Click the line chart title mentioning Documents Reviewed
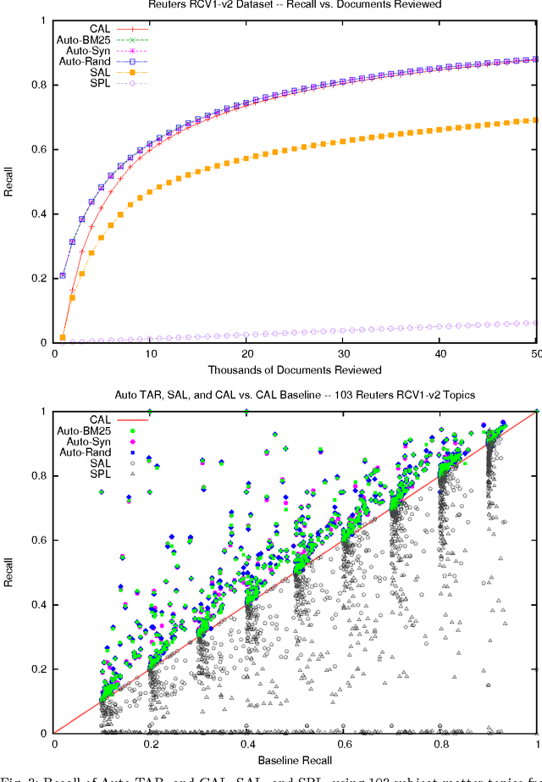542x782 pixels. coord(296,5)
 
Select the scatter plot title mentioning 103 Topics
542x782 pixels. coord(296,397)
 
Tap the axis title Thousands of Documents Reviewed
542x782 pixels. coord(296,369)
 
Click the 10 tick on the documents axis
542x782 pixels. coord(150,354)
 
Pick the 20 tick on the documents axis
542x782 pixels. coord(246,354)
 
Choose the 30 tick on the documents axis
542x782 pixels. coord(344,354)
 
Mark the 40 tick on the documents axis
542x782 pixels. coord(440,354)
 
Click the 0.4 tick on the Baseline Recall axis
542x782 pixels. coord(247,745)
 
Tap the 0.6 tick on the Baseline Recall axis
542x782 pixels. coord(344,745)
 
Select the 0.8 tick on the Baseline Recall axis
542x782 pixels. coord(440,745)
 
